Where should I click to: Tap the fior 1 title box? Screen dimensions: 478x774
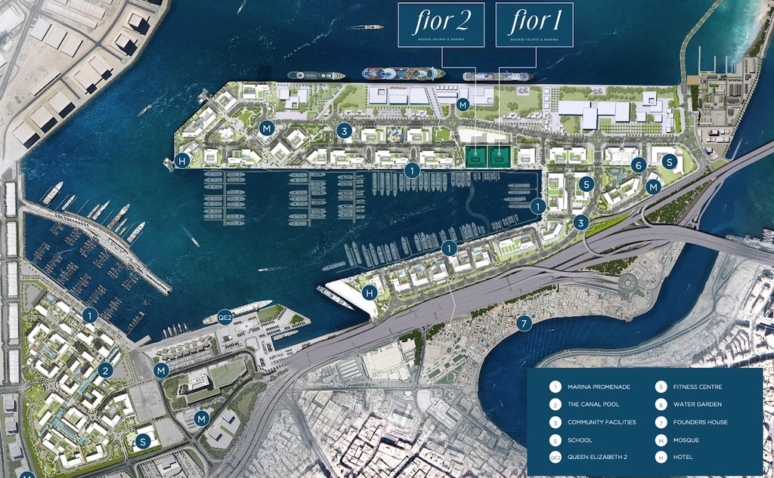(534, 24)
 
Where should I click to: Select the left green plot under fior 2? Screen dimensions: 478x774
(476, 157)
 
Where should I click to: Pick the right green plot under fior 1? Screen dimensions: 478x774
(499, 157)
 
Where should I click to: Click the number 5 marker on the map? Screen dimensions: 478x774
(586, 183)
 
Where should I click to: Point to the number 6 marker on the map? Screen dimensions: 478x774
(639, 165)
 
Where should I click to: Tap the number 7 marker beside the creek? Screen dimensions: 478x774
(525, 323)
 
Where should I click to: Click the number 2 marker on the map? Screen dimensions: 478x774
(106, 370)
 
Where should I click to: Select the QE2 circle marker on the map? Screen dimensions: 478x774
(224, 316)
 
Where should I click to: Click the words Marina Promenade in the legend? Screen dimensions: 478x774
(599, 387)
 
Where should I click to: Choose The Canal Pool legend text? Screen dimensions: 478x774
(593, 405)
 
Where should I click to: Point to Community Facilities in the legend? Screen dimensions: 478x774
(602, 422)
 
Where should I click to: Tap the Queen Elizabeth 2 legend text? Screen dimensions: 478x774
(599, 457)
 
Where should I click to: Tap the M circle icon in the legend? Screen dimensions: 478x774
(660, 439)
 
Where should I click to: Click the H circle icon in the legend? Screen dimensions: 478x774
(660, 457)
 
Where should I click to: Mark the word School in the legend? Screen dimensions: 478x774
(580, 439)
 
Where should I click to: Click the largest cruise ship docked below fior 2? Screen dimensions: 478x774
(403, 74)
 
